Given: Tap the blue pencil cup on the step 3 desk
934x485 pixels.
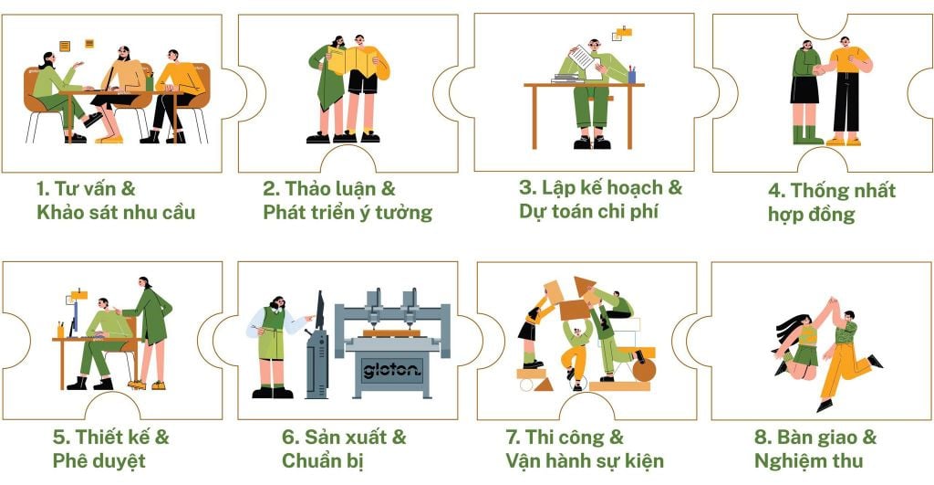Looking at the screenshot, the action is click(x=631, y=76).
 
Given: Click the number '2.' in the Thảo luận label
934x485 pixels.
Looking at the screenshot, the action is click(x=272, y=189).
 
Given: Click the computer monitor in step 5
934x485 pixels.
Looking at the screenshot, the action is click(x=74, y=316).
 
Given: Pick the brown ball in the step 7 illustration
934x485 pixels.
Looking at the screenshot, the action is click(x=644, y=371).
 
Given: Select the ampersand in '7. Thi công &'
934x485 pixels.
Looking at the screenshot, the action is click(x=617, y=438).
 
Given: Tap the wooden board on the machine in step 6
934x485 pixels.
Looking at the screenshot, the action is click(x=391, y=332).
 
